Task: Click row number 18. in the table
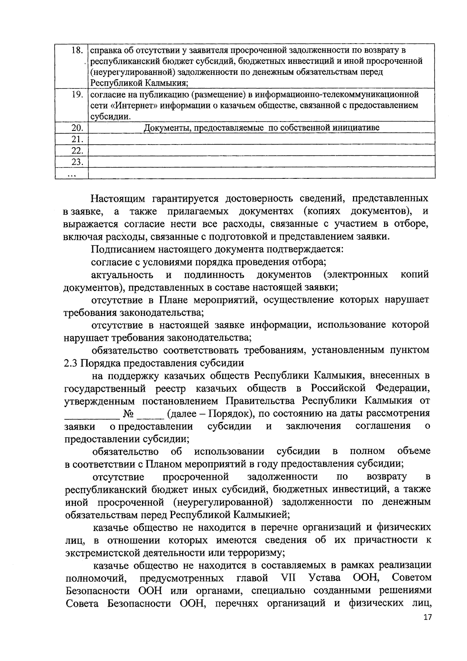[78, 51]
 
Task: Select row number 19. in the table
[78, 95]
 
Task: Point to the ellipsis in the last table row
[72, 174]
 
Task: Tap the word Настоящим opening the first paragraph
[118, 199]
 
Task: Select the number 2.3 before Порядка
[71, 363]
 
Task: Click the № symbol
[128, 414]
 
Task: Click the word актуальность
[122, 275]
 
